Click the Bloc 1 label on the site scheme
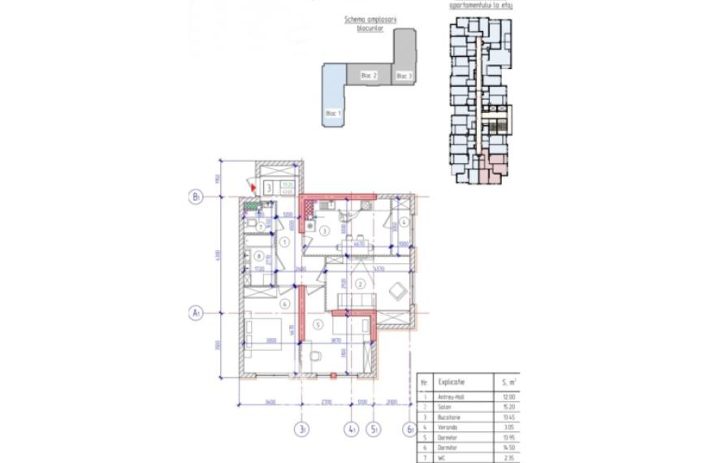[x=333, y=113]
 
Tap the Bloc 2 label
[x=369, y=76]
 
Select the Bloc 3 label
[x=404, y=76]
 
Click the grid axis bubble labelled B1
[x=196, y=197]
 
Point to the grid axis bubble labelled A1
[x=196, y=312]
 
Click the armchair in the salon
[x=398, y=289]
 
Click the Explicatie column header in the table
[x=452, y=381]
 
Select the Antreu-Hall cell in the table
[x=452, y=396]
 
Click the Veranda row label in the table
[x=449, y=426]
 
